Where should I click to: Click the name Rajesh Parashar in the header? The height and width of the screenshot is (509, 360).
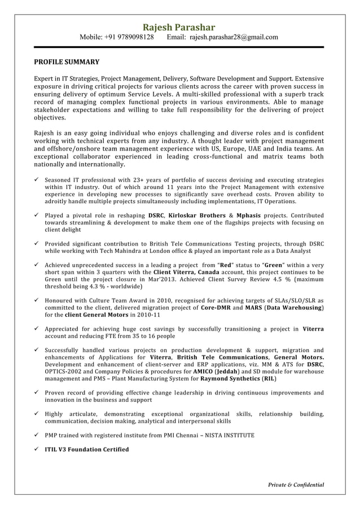point(178,27)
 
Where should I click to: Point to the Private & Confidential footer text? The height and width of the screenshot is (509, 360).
point(296,485)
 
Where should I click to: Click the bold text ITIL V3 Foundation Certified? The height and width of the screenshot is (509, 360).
point(87,449)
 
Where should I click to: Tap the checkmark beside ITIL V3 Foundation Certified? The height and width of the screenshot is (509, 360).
point(37,449)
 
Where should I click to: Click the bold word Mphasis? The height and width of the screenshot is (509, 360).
point(252,215)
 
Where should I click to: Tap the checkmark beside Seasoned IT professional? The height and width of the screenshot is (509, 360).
point(37,180)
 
